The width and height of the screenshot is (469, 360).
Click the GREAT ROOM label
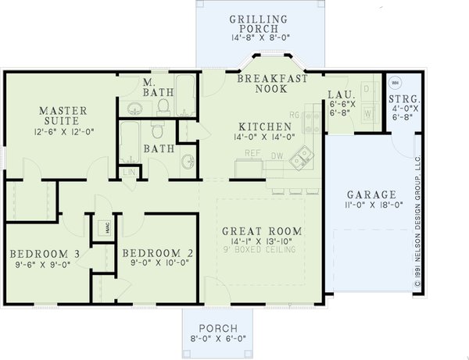[261, 231]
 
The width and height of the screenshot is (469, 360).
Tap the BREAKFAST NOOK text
[270, 85]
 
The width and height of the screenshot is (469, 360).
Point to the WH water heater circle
[395, 82]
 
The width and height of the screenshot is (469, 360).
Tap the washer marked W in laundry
[367, 114]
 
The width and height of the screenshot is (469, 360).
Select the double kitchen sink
[298, 161]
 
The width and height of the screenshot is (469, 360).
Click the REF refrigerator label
[252, 153]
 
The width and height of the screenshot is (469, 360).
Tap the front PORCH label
[217, 328]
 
